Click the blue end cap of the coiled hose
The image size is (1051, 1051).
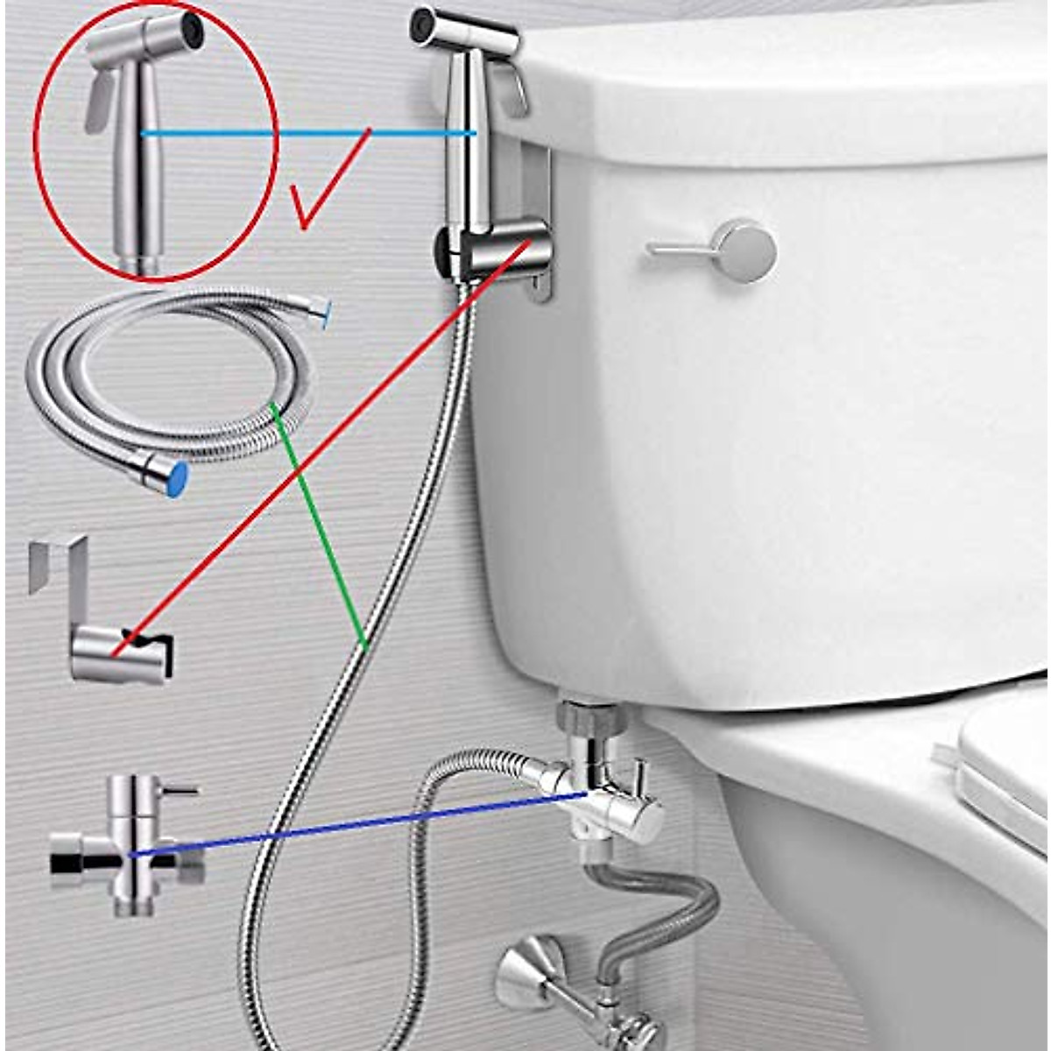(x=176, y=478)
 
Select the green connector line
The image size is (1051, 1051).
(x=320, y=525)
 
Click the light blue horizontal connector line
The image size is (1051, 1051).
(x=307, y=133)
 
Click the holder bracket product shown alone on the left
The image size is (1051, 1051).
(x=109, y=631)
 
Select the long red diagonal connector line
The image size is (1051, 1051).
(x=324, y=447)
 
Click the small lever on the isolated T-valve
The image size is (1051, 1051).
(x=180, y=790)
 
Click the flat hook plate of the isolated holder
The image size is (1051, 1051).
(x=57, y=561)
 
